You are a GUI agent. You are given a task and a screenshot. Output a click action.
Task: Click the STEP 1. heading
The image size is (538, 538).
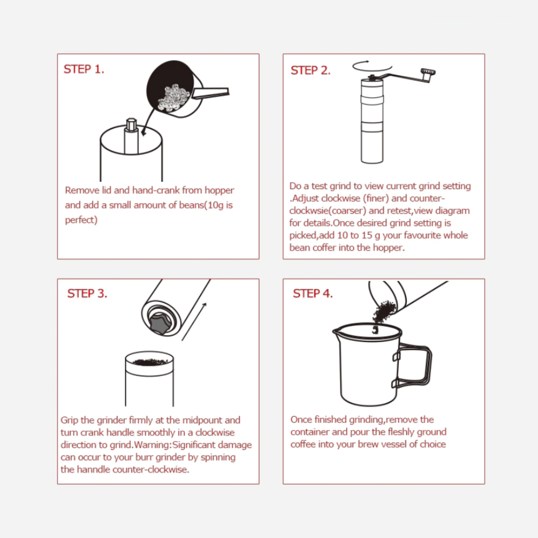(84, 69)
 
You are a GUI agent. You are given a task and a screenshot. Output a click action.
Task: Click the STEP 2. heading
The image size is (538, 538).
(310, 70)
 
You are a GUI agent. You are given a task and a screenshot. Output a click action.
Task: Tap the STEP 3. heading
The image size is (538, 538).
(87, 293)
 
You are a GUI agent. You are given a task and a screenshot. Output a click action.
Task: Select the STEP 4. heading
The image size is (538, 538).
(313, 293)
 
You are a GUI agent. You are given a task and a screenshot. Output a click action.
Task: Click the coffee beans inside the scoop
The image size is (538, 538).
(173, 98)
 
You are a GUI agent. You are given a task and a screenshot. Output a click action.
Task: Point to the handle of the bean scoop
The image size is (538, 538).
(210, 92)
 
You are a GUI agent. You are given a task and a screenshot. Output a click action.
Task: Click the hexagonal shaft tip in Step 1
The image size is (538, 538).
(131, 125)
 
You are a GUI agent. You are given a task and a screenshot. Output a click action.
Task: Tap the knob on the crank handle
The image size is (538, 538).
(428, 71)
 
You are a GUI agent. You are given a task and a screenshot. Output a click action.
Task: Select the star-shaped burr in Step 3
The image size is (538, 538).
(161, 323)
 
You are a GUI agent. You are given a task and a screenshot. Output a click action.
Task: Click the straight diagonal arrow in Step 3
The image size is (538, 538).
(194, 322)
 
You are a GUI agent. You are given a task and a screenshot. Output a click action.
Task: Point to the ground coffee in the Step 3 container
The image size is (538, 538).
(150, 361)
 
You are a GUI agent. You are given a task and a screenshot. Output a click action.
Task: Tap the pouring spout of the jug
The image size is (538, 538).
(336, 331)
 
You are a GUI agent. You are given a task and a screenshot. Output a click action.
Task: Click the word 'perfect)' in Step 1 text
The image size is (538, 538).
(81, 220)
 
